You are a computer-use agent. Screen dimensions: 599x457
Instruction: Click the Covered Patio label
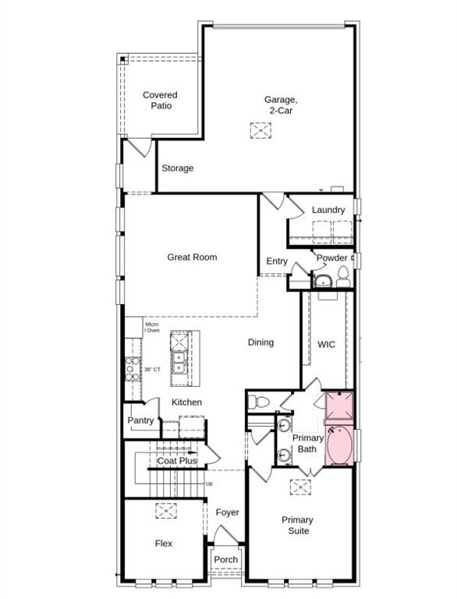tap(159, 101)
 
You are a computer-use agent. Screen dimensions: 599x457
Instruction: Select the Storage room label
tap(178, 168)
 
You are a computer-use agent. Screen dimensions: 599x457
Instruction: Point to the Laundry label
tap(328, 210)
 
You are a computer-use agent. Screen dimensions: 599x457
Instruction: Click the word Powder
tap(331, 258)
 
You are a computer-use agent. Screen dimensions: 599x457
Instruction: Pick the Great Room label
tap(192, 257)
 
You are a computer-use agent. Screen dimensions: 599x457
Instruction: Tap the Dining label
tap(260, 342)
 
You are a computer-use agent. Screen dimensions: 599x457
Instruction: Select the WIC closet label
tap(326, 344)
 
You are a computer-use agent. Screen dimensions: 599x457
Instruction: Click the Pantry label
tap(140, 420)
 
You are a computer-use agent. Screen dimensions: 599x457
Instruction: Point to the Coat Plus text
tap(177, 461)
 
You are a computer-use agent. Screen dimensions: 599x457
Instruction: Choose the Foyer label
tap(228, 512)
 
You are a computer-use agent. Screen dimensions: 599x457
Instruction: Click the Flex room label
tap(163, 544)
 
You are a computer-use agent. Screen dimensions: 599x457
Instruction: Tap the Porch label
tap(226, 559)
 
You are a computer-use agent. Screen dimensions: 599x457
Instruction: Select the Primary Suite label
tap(297, 525)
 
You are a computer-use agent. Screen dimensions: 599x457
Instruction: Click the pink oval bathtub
tap(340, 446)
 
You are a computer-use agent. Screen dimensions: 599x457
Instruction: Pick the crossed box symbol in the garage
tap(260, 131)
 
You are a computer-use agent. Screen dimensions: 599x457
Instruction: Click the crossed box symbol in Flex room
tap(165, 511)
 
